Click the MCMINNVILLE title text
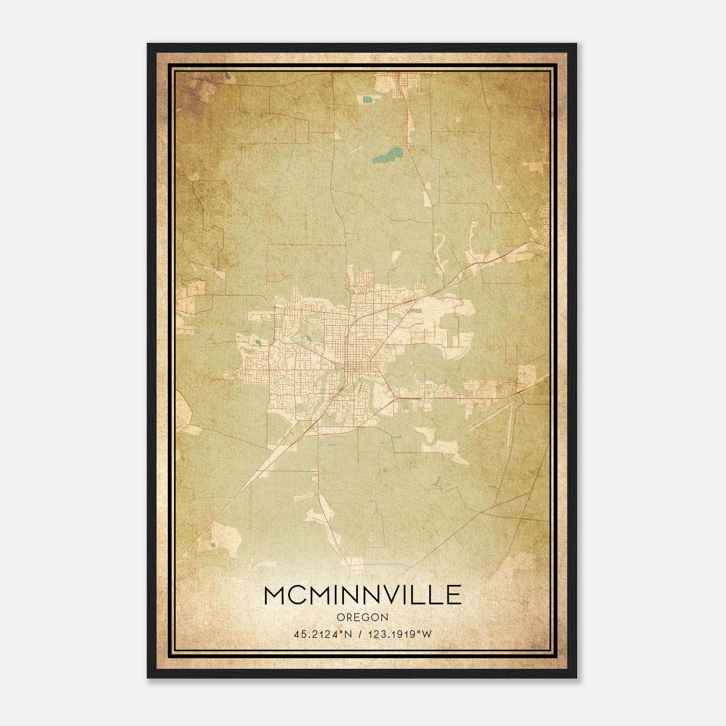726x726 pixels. [x=363, y=595]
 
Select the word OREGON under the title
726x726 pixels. [x=363, y=617]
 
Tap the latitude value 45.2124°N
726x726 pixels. [x=324, y=634]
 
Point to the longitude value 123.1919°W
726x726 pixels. [x=400, y=634]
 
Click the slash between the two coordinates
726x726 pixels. [x=360, y=634]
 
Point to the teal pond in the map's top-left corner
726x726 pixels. [x=226, y=76]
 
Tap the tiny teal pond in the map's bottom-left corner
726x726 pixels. [x=213, y=544]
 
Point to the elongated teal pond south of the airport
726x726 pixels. [x=438, y=483]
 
